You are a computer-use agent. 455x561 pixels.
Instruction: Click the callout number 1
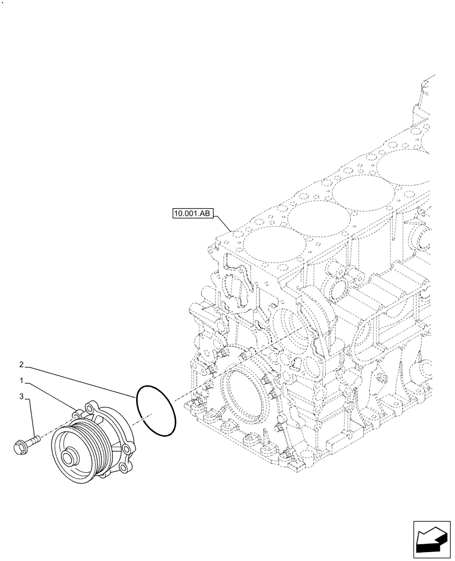(x=21, y=380)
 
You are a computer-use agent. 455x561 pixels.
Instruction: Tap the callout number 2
(x=21, y=364)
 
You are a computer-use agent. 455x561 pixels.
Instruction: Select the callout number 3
(x=21, y=397)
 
